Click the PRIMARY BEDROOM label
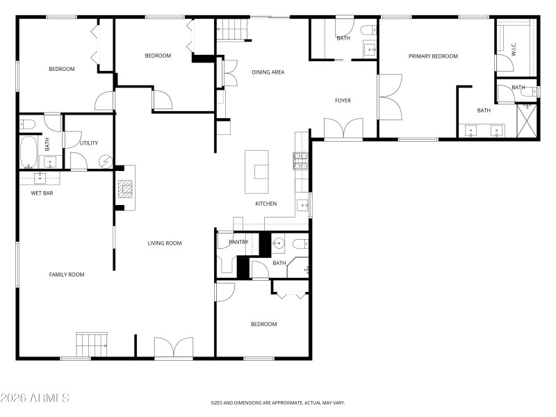(x=433, y=56)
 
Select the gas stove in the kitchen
(x=300, y=161)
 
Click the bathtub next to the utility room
(x=28, y=152)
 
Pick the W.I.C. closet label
(x=513, y=49)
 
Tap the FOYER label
(x=343, y=101)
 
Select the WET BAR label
(x=42, y=193)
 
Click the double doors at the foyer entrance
(x=343, y=129)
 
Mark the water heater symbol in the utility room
(x=104, y=161)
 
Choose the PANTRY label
(x=238, y=242)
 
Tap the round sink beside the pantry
(x=279, y=243)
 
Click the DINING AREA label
(x=268, y=72)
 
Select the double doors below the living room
(x=174, y=347)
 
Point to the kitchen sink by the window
(x=304, y=204)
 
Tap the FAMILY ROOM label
(x=66, y=275)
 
